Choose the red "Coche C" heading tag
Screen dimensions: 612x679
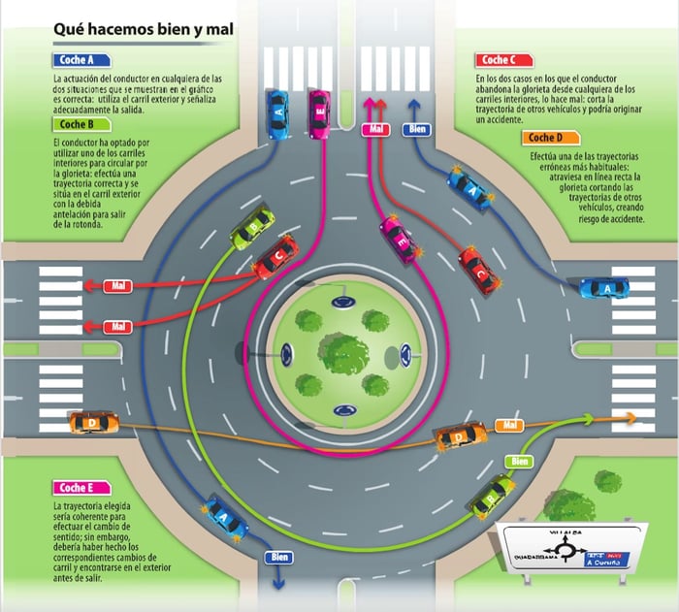502,60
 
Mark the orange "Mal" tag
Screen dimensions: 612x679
510,425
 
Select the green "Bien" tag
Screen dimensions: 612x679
520,461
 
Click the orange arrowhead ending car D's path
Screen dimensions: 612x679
633,417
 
